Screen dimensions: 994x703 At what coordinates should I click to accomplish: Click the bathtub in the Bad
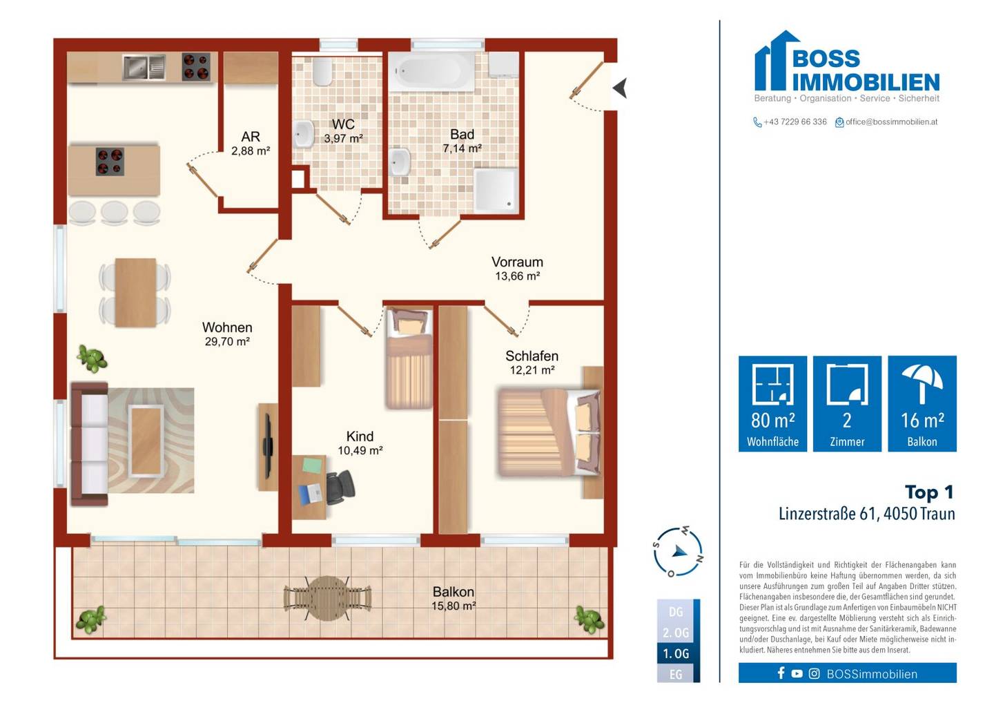(x=431, y=72)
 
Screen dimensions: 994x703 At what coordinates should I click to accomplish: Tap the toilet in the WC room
(x=322, y=71)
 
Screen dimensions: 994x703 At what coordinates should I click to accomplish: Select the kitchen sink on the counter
(x=144, y=67)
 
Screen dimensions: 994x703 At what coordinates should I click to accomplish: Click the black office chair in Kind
(x=340, y=488)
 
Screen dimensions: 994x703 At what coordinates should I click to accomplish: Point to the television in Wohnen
(x=268, y=445)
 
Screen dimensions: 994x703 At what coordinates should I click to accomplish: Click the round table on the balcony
(x=327, y=598)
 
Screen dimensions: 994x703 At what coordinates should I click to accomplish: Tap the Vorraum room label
(x=518, y=262)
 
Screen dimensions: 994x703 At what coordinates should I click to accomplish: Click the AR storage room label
(x=251, y=136)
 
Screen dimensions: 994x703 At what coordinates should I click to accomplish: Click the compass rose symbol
(x=678, y=552)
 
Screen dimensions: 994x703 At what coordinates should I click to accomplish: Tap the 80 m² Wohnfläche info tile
(x=772, y=403)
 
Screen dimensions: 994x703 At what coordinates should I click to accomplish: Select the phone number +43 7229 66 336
(x=795, y=122)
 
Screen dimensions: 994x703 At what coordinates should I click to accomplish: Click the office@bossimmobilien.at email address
(x=892, y=122)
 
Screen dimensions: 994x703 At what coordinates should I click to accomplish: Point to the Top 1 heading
(x=930, y=492)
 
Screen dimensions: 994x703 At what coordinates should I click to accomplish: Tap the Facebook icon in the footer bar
(x=781, y=673)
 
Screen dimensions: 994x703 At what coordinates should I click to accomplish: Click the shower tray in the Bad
(x=496, y=191)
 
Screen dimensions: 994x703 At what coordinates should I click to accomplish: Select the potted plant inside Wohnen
(x=92, y=358)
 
